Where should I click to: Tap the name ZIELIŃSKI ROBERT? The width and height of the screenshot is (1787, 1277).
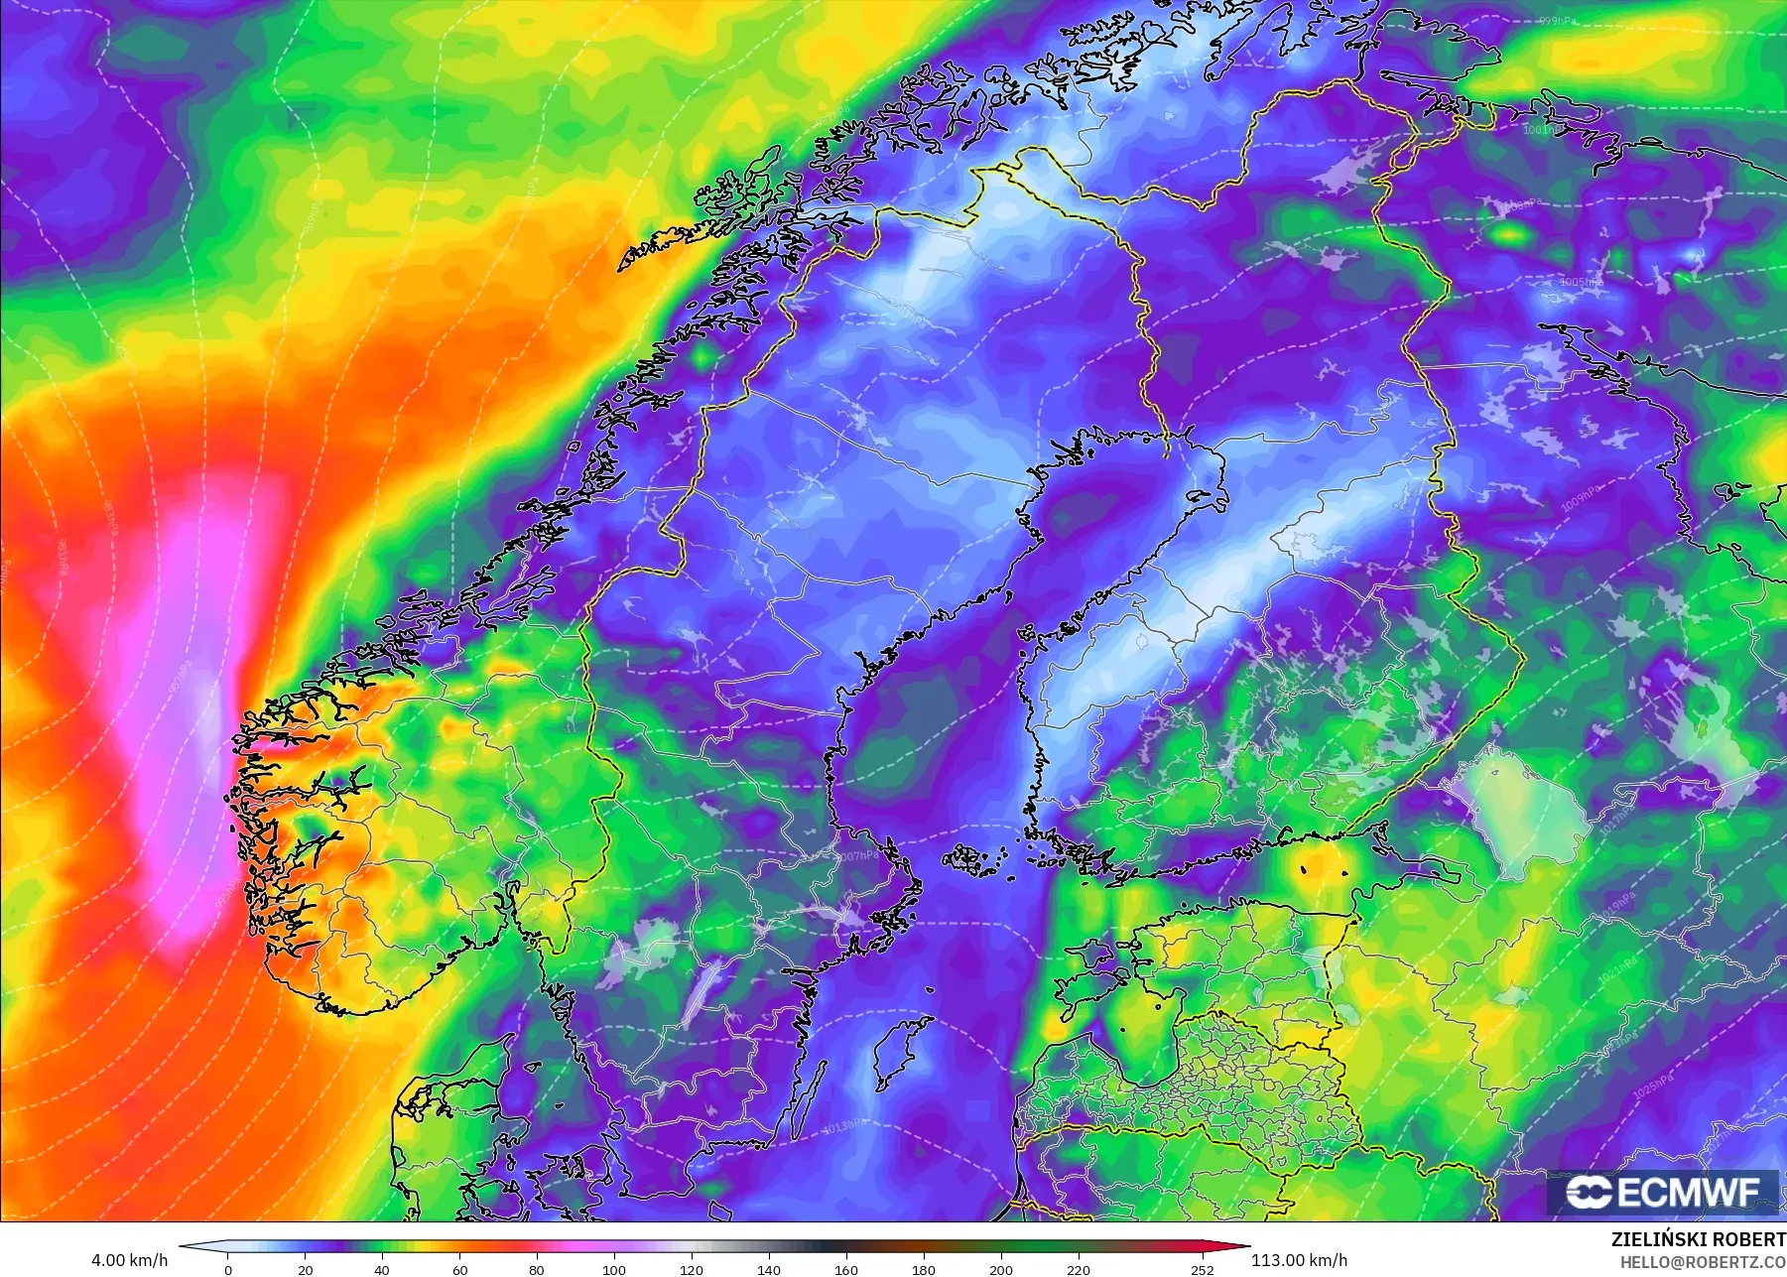click(x=1698, y=1239)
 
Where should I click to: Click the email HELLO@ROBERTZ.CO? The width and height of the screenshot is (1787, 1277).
click(x=1703, y=1262)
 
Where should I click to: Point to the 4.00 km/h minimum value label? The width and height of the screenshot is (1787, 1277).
click(x=129, y=1260)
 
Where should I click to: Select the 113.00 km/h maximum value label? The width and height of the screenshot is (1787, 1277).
click(x=1299, y=1260)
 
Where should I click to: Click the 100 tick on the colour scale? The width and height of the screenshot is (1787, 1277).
click(x=614, y=1269)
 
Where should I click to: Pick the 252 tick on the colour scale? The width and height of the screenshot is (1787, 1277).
click(x=1202, y=1269)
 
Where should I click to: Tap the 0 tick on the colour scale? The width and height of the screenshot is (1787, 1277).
click(x=228, y=1269)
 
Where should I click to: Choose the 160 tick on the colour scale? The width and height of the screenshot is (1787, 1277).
click(x=846, y=1269)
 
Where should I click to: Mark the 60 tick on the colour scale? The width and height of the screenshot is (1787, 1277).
click(x=459, y=1269)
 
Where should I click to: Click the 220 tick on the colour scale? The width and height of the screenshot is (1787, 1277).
click(x=1079, y=1269)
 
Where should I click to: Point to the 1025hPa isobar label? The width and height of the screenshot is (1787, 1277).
click(x=1653, y=1085)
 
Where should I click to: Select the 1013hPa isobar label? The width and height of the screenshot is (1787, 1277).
click(x=845, y=1125)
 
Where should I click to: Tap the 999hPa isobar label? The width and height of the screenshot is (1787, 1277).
click(x=1557, y=20)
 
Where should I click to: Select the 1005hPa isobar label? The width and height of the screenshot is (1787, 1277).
click(x=1581, y=282)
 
